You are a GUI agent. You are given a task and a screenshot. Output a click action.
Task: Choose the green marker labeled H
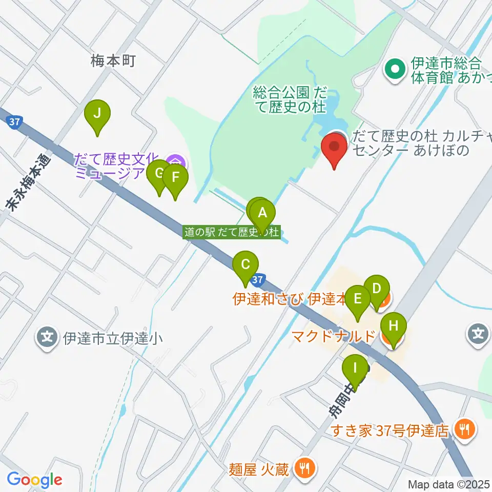(x=393, y=329)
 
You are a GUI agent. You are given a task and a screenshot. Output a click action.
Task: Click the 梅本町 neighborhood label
(x=113, y=61)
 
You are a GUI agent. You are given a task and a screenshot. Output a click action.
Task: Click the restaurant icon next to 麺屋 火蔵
(x=305, y=467)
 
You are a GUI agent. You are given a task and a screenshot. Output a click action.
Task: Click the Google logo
(x=34, y=480)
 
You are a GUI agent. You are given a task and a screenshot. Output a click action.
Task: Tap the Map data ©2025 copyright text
(x=449, y=484)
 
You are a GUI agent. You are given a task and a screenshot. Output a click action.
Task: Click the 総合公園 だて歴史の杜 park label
(x=290, y=99)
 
